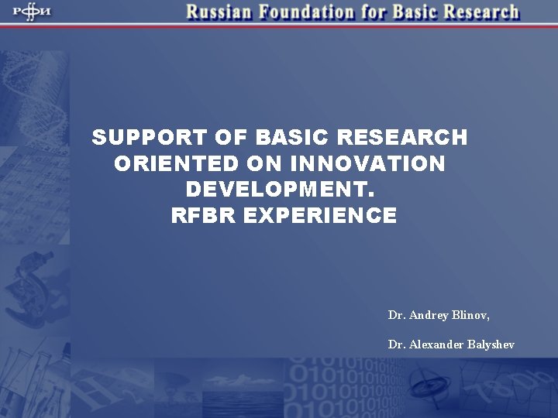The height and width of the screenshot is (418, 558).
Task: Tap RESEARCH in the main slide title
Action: (403, 138)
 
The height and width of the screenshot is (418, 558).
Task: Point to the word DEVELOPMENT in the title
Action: (280, 190)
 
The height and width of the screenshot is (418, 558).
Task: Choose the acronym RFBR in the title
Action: (203, 216)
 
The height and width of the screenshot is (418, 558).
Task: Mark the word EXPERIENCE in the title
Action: (320, 216)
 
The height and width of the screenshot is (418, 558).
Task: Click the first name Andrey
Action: (423, 316)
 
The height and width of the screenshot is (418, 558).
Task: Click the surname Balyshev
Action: (491, 344)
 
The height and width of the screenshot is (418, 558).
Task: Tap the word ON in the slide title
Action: (264, 164)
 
